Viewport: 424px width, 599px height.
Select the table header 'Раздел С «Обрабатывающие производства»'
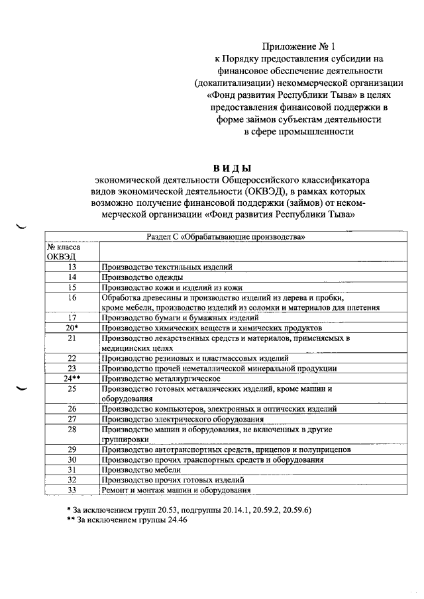point(226,237)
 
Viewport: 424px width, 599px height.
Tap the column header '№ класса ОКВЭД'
point(63,252)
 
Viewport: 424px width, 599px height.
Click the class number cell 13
point(72,267)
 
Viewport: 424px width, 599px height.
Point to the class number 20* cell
point(72,328)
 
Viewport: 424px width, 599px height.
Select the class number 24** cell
point(72,379)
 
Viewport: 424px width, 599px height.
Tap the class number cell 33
point(72,490)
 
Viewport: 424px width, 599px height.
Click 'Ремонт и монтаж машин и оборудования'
point(176,490)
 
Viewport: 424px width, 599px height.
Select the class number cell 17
point(72,318)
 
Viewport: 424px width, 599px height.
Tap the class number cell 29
point(72,449)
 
